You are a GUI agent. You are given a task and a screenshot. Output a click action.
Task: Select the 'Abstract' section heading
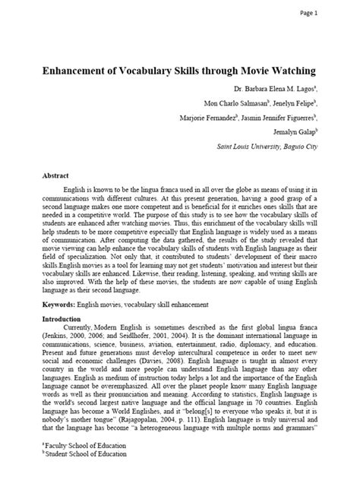tap(56, 175)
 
